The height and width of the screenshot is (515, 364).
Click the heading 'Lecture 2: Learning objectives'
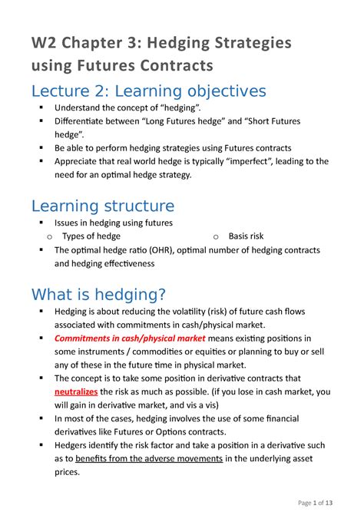pos(148,91)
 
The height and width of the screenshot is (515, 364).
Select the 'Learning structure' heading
pos(102,205)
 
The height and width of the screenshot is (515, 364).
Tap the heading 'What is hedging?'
pos(98,294)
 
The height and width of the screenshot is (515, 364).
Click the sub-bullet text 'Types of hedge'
pos(91,236)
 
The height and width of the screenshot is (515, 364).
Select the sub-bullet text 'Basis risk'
pos(249,236)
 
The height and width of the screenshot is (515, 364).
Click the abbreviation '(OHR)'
pos(153,249)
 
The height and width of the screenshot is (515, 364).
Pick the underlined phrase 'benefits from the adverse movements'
pos(149,458)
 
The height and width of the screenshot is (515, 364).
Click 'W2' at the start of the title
pos(44,41)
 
